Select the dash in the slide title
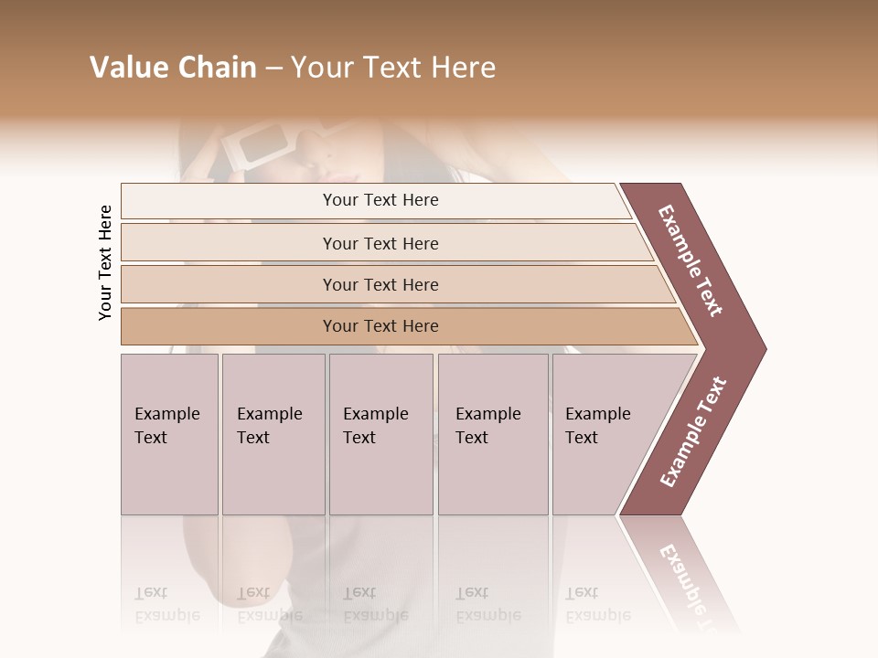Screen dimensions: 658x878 [273, 69]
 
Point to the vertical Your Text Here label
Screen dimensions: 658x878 [105, 262]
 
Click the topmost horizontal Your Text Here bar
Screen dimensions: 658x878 [380, 200]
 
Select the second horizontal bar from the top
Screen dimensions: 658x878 [380, 243]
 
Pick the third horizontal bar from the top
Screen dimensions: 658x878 [380, 284]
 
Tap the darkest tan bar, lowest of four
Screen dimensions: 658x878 [380, 326]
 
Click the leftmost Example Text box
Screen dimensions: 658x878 [169, 434]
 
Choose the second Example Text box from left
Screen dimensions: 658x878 [273, 434]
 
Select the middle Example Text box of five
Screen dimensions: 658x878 [380, 434]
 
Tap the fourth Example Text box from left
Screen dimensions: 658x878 [492, 434]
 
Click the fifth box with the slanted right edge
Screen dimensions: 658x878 [604, 434]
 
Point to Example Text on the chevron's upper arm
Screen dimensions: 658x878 [691, 260]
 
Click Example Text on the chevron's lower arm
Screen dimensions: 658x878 [693, 431]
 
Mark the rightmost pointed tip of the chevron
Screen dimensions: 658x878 [764, 348]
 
